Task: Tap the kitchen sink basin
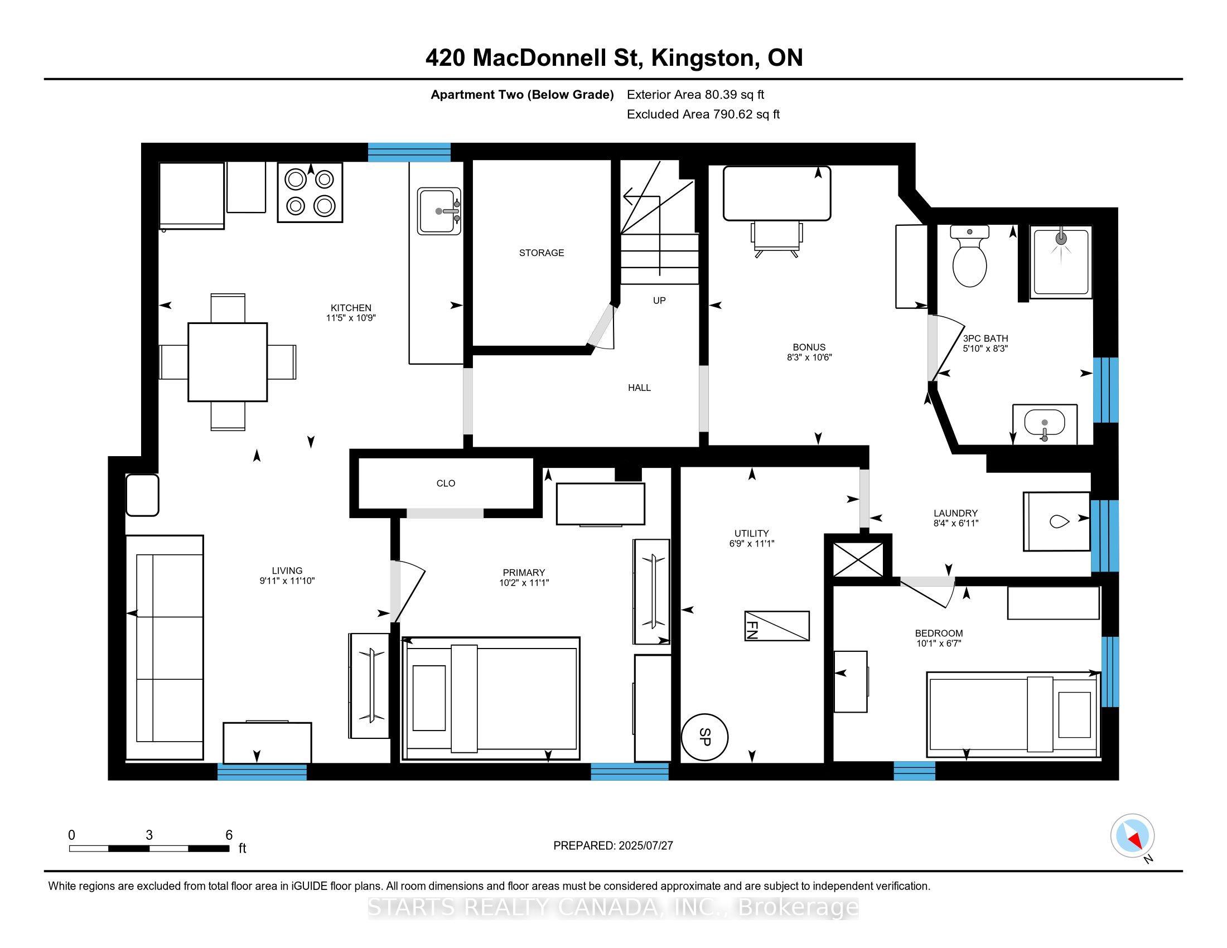coord(439,211)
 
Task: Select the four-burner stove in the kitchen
coord(310,192)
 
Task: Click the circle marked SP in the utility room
coord(704,737)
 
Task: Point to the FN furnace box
coord(777,626)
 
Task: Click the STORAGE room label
coord(542,253)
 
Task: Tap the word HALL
coord(639,388)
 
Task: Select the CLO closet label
coord(446,483)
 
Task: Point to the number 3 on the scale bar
coord(149,835)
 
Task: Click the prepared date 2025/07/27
coord(645,845)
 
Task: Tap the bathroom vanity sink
coord(1045,424)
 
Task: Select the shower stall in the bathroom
coord(1061,262)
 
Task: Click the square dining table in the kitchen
coord(228,362)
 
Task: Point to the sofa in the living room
coord(164,647)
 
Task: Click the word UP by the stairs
coord(659,301)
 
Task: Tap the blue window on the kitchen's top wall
coord(409,152)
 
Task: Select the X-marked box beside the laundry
coord(858,559)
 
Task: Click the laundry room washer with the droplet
coord(1057,521)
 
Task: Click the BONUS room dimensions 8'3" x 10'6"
coord(809,357)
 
